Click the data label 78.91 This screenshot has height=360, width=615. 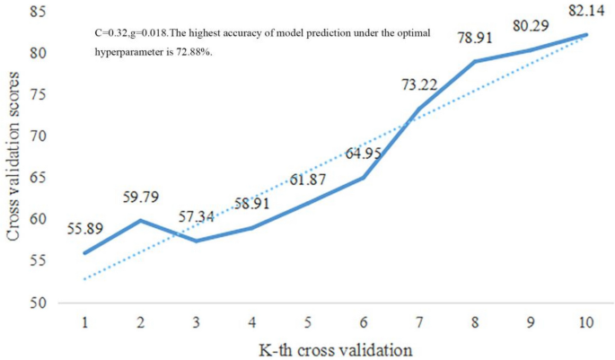(474, 40)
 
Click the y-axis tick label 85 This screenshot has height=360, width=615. (40, 12)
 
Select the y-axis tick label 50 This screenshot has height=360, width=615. (40, 303)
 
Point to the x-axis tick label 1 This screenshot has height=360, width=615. (85, 320)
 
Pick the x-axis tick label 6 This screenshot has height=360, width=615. (364, 320)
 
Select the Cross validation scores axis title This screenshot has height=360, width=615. (15, 157)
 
